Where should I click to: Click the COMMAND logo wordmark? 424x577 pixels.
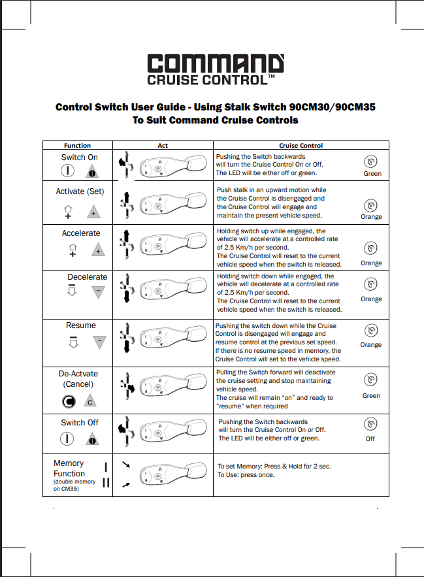[215, 63]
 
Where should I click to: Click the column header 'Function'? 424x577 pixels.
[77, 145]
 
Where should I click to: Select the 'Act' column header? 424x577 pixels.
[163, 145]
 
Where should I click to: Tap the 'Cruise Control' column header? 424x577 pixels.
[301, 145]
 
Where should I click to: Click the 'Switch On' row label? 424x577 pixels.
[79, 157]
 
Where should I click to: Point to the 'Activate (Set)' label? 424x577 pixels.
[80, 191]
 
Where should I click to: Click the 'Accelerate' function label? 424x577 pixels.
[81, 233]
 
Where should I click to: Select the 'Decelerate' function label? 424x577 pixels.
[87, 277]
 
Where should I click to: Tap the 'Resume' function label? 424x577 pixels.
[81, 325]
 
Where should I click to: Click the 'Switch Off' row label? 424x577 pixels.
[79, 423]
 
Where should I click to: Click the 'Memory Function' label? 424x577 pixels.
[69, 468]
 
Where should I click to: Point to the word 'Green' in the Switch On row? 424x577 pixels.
[372, 174]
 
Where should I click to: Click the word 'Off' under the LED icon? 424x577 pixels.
[370, 438]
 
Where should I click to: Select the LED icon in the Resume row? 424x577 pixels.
[371, 331]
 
